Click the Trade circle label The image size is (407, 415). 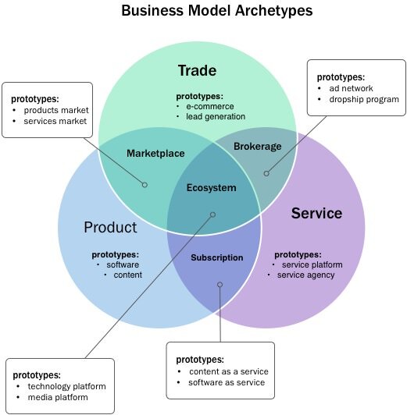coord(197,71)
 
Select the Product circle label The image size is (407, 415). coord(110,227)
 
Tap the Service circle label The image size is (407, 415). coord(316,212)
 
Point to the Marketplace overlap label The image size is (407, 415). coord(155,153)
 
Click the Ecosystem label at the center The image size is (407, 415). coord(211,187)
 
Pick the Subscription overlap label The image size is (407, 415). coord(216,257)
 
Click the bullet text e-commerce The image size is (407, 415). coord(209,105)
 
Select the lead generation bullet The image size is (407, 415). coord(216,116)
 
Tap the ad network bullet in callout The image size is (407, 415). coord(352,88)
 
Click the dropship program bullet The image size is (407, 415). coord(364,99)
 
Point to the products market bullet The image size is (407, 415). coord(57,110)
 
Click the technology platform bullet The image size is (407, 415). coord(66,386)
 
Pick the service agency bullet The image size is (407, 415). coord(305,275)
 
